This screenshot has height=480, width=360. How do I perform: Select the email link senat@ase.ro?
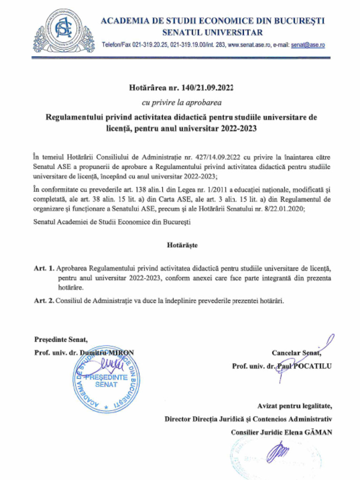point(307,45)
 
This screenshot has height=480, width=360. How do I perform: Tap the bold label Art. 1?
point(44,269)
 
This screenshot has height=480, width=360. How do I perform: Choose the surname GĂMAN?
point(317,432)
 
